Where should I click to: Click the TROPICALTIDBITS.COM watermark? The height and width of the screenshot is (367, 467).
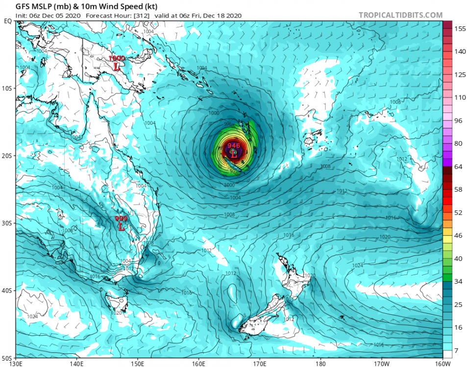[x=400, y=15]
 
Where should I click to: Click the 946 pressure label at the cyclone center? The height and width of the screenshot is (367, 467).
[x=234, y=145]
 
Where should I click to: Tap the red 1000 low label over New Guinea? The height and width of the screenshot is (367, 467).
[x=117, y=58]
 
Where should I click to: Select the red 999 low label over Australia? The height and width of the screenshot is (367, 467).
[x=121, y=218]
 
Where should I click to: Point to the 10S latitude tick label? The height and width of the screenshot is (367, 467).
[x=7, y=89]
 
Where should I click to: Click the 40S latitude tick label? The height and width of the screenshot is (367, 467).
[x=7, y=291]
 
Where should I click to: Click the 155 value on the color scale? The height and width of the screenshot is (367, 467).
[x=459, y=29]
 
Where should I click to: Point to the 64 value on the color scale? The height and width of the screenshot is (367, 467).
[x=459, y=167]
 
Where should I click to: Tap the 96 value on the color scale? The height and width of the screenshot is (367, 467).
[x=459, y=120]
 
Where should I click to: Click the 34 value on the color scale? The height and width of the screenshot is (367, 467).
[x=459, y=282]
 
